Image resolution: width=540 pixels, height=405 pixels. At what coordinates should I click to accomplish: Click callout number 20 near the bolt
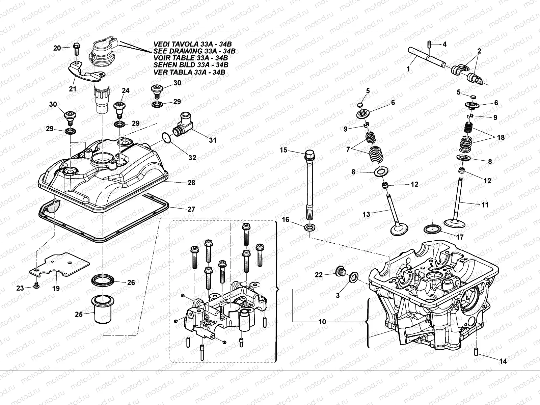[x=57, y=48]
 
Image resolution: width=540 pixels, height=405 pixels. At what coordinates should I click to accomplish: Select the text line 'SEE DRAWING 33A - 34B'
[x=194, y=51]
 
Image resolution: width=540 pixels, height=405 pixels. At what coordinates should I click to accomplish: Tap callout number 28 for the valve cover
[x=192, y=183]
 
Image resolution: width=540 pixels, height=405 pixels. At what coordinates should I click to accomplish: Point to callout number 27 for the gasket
[x=191, y=209]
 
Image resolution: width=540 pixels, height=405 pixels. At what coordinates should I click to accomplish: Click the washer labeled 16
[x=310, y=227]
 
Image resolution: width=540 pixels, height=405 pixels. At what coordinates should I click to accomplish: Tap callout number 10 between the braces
[x=322, y=322]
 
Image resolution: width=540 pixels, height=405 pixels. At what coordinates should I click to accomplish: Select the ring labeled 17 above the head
[x=433, y=230]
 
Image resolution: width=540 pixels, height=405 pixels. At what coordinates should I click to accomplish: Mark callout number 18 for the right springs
[x=501, y=137]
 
